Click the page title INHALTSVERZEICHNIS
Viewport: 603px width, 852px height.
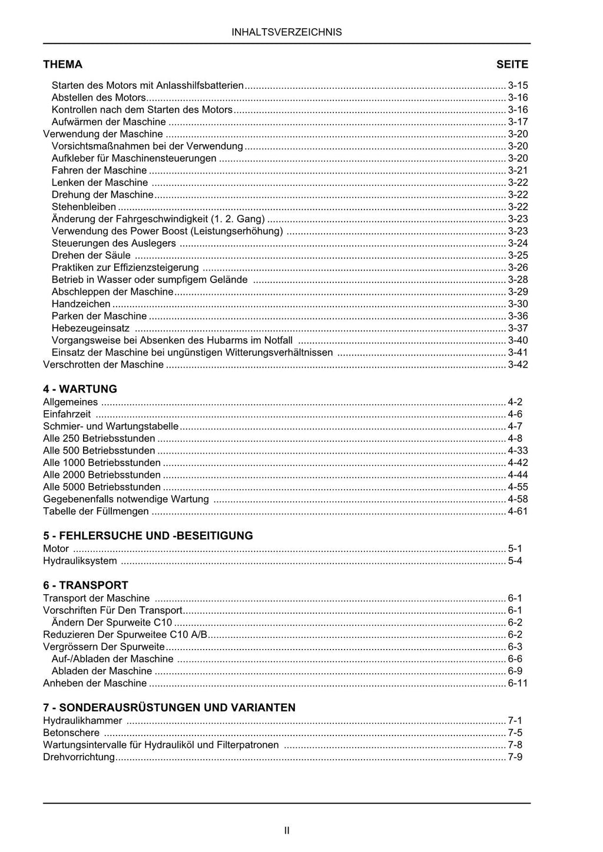tap(287, 32)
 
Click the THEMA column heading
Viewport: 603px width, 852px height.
tap(62, 64)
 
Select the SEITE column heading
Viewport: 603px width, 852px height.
tap(512, 64)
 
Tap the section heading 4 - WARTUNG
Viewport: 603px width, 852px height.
tap(80, 389)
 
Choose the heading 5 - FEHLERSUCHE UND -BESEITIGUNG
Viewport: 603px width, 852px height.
tap(148, 535)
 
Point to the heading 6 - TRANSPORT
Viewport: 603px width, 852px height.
tap(85, 585)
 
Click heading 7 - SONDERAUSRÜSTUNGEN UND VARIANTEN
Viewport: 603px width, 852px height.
tap(169, 707)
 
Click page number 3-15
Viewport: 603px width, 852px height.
tap(518, 85)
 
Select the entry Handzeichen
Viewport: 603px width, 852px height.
tap(81, 304)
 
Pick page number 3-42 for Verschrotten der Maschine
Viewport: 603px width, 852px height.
tap(518, 365)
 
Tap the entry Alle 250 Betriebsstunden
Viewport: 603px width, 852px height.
tap(99, 438)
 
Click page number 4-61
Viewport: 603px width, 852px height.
tap(518, 511)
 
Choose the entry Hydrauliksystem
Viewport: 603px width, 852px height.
tap(80, 561)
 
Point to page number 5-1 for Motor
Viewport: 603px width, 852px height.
tap(515, 548)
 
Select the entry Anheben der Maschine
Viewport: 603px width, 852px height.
tap(95, 683)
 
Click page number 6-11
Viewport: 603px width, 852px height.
tap(518, 683)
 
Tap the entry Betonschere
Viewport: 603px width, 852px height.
tap(71, 733)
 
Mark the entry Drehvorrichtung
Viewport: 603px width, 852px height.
tap(79, 757)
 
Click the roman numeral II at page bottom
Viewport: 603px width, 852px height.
tap(287, 830)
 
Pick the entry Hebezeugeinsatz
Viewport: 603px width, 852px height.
tap(91, 328)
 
